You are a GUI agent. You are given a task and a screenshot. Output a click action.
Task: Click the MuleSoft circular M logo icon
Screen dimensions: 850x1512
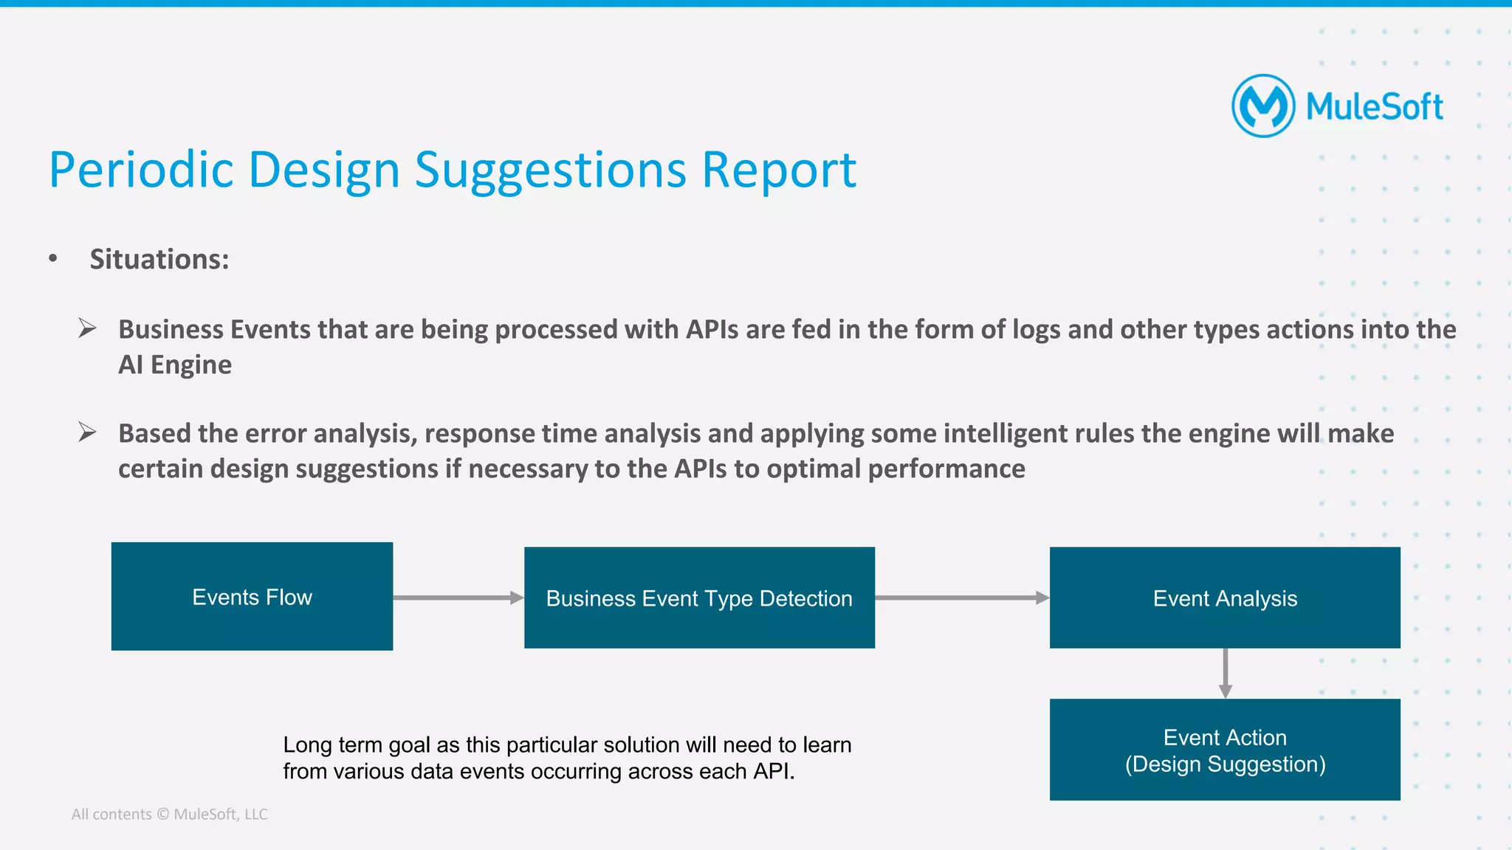(x=1263, y=106)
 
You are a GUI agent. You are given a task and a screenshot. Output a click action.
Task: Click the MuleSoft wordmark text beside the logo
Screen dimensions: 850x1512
(x=1374, y=107)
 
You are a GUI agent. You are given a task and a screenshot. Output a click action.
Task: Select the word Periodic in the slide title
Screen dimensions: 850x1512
(x=141, y=170)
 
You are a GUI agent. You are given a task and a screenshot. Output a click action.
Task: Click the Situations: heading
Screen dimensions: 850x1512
(x=159, y=259)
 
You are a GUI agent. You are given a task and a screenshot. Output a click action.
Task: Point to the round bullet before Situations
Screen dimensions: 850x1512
(x=53, y=258)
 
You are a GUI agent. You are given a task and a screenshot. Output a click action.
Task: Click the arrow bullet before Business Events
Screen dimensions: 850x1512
(x=87, y=328)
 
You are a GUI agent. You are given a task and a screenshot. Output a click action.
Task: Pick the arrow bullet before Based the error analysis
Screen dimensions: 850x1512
(x=87, y=432)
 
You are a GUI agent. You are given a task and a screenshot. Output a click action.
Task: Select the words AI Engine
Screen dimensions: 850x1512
(x=175, y=364)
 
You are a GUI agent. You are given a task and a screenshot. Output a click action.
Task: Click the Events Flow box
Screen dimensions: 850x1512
(x=252, y=596)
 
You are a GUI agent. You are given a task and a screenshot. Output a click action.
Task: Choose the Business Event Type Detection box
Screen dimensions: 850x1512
(x=699, y=598)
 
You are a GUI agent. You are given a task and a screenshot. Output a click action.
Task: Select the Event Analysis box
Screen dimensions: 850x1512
(x=1225, y=598)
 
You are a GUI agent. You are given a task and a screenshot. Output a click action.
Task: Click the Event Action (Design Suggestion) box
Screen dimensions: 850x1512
(x=1225, y=750)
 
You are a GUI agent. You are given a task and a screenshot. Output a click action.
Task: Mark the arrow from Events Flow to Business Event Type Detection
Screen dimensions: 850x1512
(x=458, y=598)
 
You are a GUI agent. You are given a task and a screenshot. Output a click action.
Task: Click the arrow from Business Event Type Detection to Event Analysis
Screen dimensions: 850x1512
(x=961, y=598)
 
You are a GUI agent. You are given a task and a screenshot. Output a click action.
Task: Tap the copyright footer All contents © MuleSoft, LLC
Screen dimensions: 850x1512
(x=169, y=814)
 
